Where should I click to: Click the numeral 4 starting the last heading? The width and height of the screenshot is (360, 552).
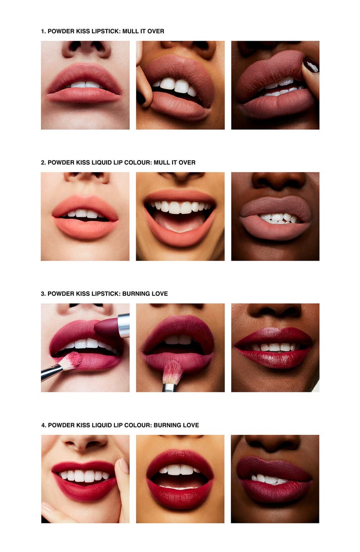43,425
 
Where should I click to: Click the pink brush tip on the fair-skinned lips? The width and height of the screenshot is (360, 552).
71,361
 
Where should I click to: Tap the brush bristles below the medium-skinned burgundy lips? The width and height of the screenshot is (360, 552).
172,372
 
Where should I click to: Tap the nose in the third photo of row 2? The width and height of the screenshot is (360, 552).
278,181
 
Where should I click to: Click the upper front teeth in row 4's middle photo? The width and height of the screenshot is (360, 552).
180,470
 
